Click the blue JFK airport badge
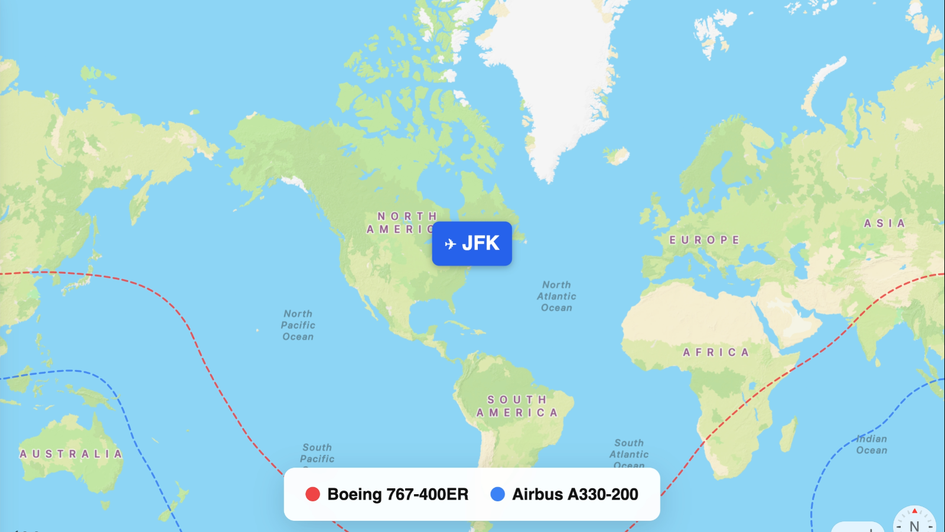tap(472, 244)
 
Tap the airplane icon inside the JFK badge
tap(450, 244)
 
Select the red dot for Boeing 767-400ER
tap(312, 494)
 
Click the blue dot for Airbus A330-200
tap(498, 494)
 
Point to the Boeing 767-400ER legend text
tap(397, 494)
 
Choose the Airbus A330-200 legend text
tap(575, 494)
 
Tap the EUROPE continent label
tap(704, 240)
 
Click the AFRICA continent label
tap(716, 352)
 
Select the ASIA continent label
tap(884, 223)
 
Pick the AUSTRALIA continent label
tap(71, 454)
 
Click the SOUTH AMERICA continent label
tap(517, 406)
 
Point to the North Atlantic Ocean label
tap(556, 296)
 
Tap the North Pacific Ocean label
tap(298, 325)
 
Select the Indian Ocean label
tap(872, 445)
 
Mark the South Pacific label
tap(317, 453)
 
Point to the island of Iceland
tap(617, 156)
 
